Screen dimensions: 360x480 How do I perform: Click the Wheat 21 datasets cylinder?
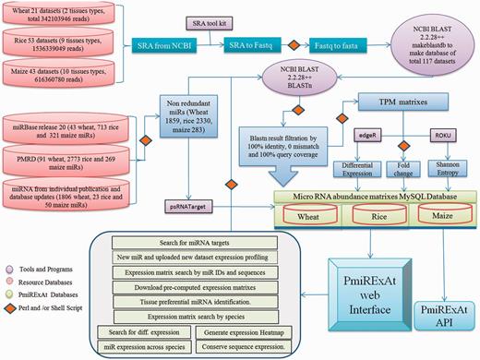68,18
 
